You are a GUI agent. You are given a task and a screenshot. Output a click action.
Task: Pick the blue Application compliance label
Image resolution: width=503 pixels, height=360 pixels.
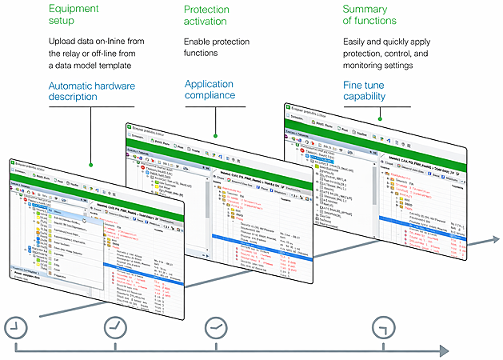pyautogui.click(x=210, y=89)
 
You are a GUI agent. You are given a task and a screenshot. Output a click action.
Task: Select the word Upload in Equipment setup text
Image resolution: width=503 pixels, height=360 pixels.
pyautogui.click(x=66, y=41)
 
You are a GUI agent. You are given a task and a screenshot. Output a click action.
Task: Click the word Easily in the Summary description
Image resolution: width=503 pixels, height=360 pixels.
pyautogui.click(x=357, y=41)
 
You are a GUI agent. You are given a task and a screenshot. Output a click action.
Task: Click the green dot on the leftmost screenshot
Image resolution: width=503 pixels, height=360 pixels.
pyautogui.click(x=90, y=165)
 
